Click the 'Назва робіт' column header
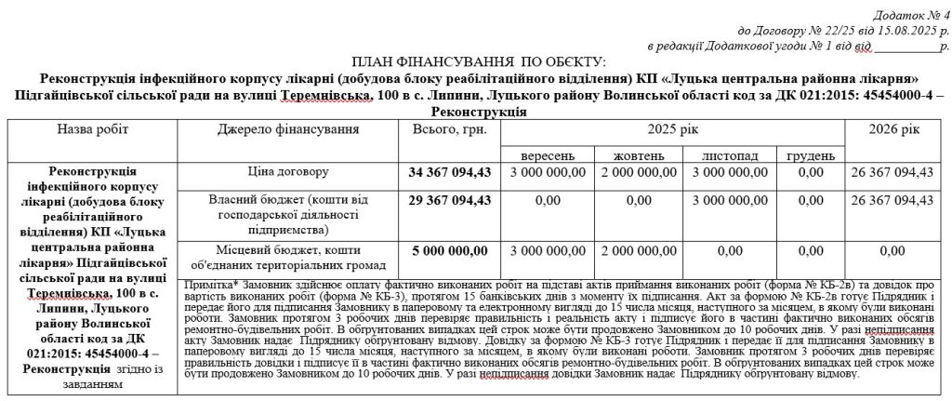(93, 127)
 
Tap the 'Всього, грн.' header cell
(450, 127)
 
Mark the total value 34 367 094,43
(450, 173)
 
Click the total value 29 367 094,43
(450, 200)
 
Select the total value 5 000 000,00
(450, 251)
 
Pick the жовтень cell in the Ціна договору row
(640, 173)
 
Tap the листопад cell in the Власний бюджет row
(730, 200)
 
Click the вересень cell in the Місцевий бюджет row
(549, 251)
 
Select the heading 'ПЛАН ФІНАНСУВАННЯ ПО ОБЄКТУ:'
(478, 61)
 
